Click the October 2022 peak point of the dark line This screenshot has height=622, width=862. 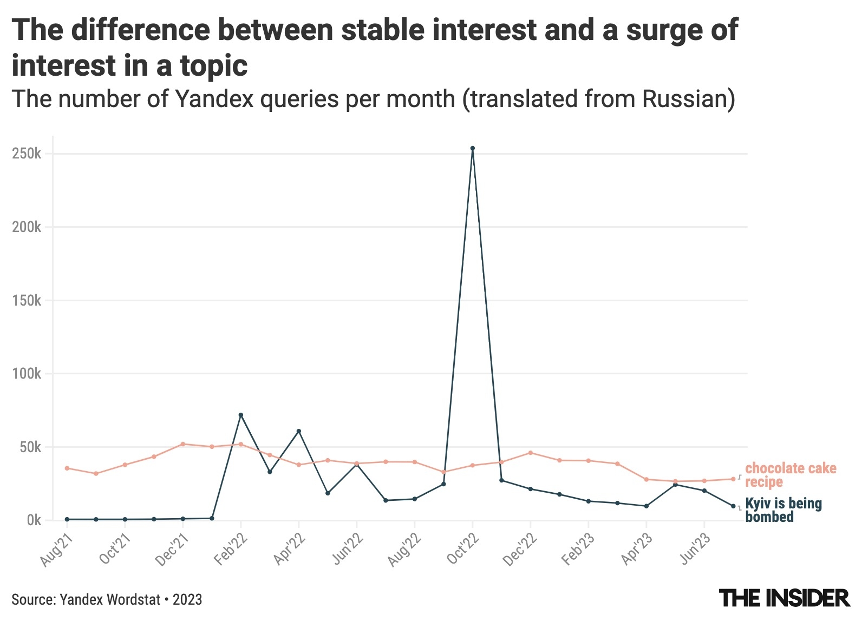pos(473,148)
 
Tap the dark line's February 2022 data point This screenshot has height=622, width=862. pos(241,415)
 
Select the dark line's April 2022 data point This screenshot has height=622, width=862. pos(299,431)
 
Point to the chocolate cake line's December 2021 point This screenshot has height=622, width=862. pos(183,444)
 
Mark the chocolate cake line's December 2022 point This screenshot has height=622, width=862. pos(531,453)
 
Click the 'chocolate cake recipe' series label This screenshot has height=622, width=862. pos(791,475)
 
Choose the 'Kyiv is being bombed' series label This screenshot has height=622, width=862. pos(783,510)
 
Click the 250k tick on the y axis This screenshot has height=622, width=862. pos(27,154)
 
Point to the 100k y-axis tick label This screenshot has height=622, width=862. pos(27,374)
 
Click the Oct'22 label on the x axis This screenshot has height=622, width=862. pos(463,549)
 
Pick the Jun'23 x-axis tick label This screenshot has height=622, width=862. pos(695,549)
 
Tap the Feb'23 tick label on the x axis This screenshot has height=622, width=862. pos(579,549)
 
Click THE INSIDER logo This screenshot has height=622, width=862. pos(785,598)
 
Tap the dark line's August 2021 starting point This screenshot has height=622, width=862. pos(67,519)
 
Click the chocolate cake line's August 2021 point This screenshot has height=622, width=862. pos(67,468)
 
